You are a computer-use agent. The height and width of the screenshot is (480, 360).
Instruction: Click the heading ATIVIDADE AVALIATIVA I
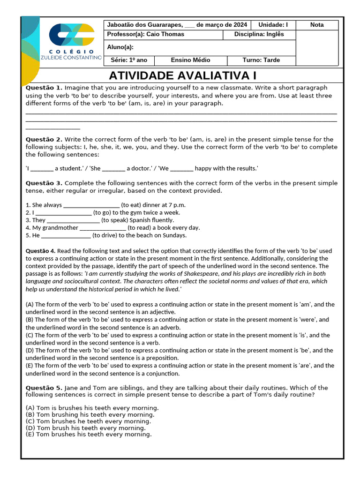183,76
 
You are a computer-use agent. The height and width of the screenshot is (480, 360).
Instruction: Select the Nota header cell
317,25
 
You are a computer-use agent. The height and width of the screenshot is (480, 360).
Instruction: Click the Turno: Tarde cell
261,60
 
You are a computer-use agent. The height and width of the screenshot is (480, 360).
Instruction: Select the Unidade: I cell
273,25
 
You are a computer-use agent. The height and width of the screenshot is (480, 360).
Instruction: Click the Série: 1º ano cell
129,60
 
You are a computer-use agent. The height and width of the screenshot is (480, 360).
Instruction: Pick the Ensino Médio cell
190,60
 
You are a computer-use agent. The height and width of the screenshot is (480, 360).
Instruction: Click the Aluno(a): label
120,47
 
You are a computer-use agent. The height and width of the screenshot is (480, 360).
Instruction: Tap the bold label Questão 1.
44,88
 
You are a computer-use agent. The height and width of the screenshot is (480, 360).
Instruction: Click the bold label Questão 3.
44,183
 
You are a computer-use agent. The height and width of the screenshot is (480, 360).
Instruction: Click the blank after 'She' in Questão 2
113,169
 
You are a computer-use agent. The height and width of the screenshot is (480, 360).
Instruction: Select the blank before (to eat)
91,205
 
